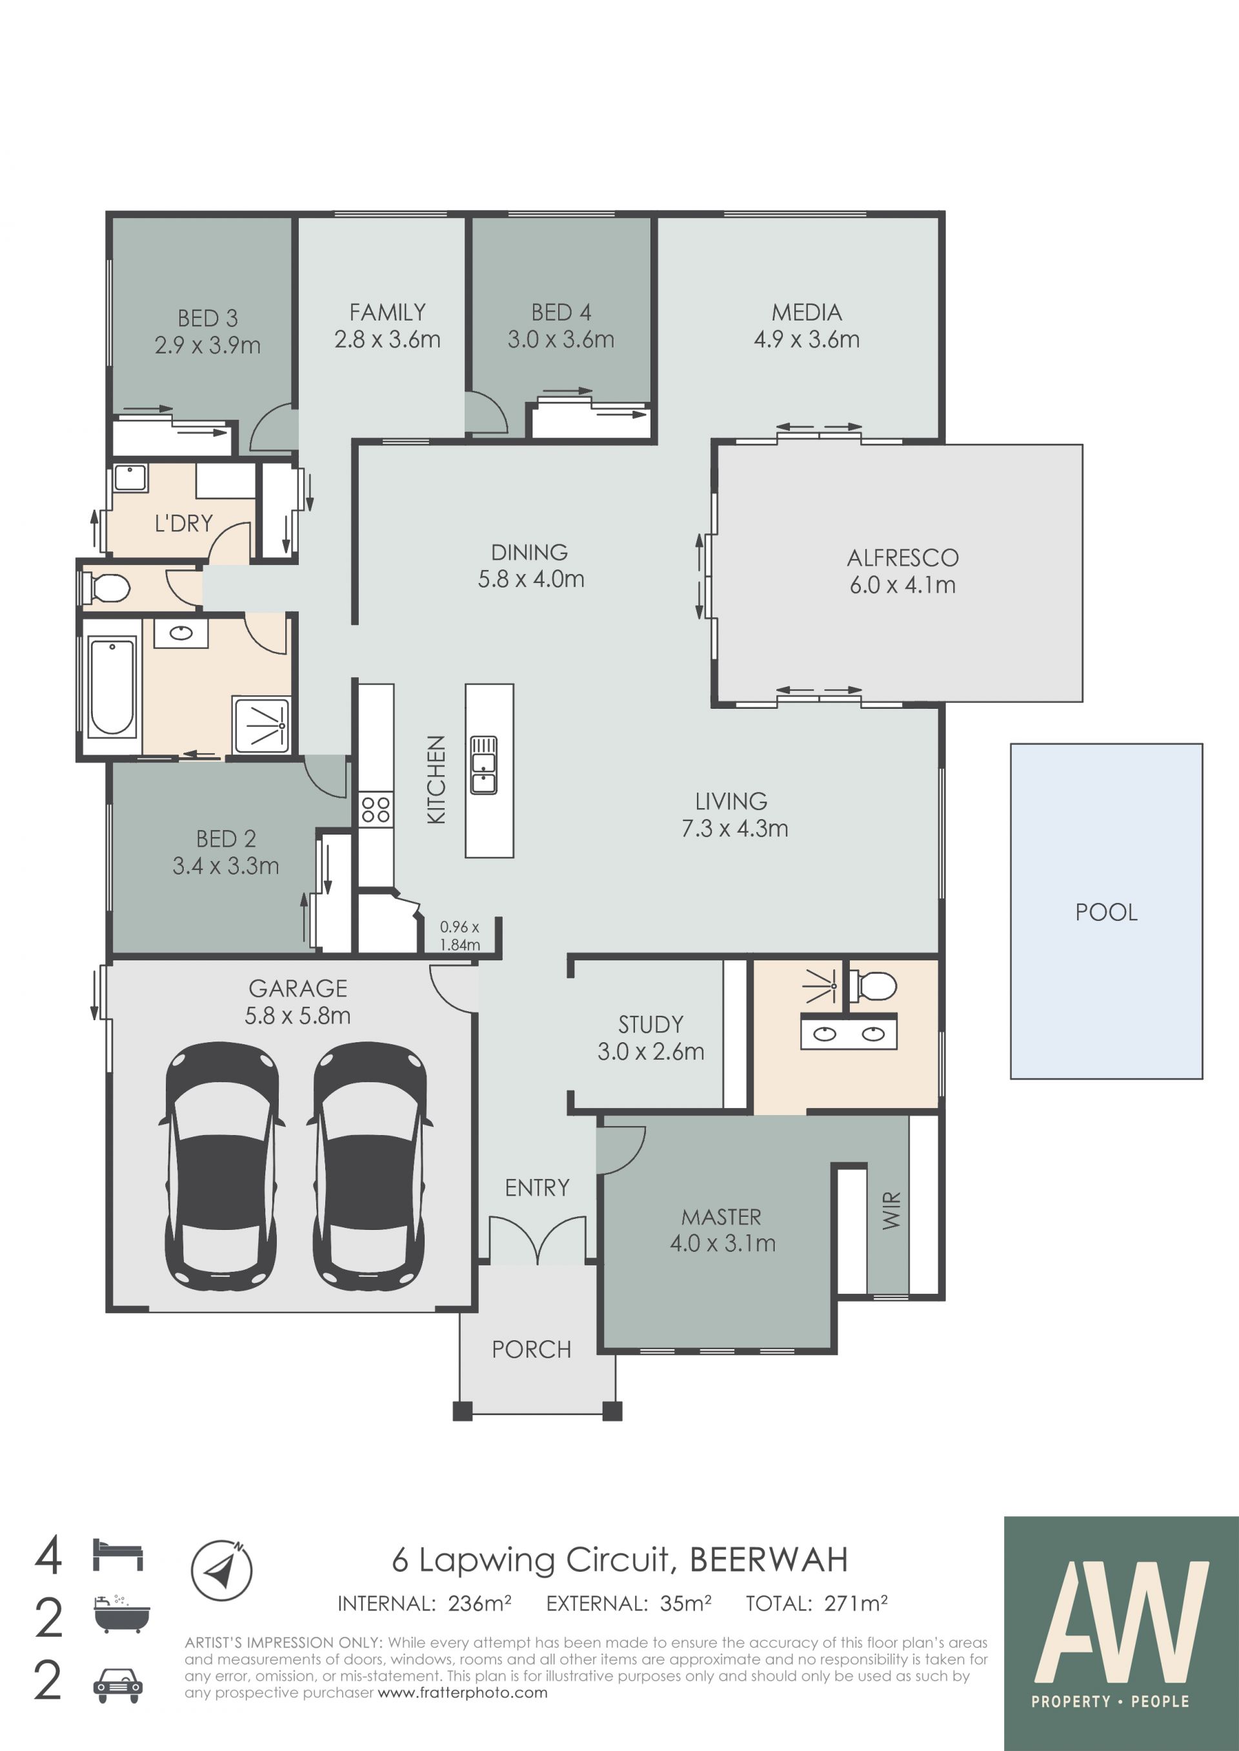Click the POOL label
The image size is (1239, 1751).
(1106, 911)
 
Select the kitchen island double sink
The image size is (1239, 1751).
(484, 764)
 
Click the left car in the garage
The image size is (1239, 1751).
(221, 1166)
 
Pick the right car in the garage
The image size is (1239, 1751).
(369, 1166)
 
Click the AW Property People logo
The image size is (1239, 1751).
(1121, 1634)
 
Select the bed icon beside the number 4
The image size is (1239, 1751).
(118, 1555)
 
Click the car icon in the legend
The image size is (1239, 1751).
(118, 1685)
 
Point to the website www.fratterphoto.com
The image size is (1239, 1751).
(462, 1693)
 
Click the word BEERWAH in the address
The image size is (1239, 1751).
(769, 1560)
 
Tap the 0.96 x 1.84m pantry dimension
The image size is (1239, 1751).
(459, 936)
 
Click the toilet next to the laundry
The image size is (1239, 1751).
(107, 588)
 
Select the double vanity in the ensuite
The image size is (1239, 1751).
(849, 1033)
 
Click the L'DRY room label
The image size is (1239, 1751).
(184, 523)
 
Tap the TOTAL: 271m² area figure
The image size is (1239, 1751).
(816, 1604)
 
